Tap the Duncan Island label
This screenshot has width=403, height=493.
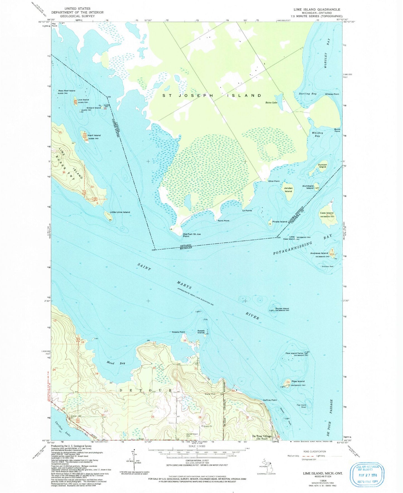click(x=322, y=166)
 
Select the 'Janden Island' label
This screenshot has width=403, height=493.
click(x=288, y=190)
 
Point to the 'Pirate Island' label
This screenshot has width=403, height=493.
click(x=280, y=222)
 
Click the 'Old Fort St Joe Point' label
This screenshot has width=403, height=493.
click(x=190, y=235)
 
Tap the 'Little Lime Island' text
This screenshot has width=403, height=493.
click(x=120, y=212)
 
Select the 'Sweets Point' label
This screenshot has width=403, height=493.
click(x=178, y=332)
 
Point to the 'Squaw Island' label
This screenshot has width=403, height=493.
click(x=282, y=309)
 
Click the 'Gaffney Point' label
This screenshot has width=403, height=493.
click(x=270, y=400)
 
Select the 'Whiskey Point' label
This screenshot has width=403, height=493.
click(x=332, y=94)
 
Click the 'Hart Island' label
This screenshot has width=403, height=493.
click(x=94, y=135)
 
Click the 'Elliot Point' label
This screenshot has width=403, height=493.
click(x=274, y=181)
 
